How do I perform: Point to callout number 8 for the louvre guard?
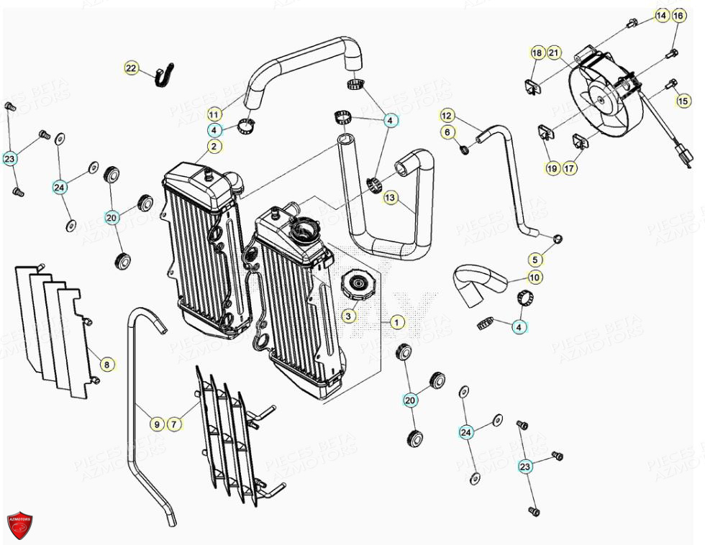coord(106,365)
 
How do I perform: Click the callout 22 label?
coord(130,68)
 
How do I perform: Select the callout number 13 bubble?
coord(390,197)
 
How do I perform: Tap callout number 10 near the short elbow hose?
coord(535,278)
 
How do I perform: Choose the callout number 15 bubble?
coord(683,101)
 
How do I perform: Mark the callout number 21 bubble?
coord(554,52)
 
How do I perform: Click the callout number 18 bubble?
coord(537,52)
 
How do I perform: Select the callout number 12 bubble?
coord(446,115)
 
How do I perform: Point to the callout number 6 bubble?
coord(446,132)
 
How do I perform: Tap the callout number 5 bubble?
coord(535,259)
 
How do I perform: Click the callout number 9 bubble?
coord(156,424)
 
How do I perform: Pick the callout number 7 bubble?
coord(173,424)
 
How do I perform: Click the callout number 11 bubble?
coord(214,114)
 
